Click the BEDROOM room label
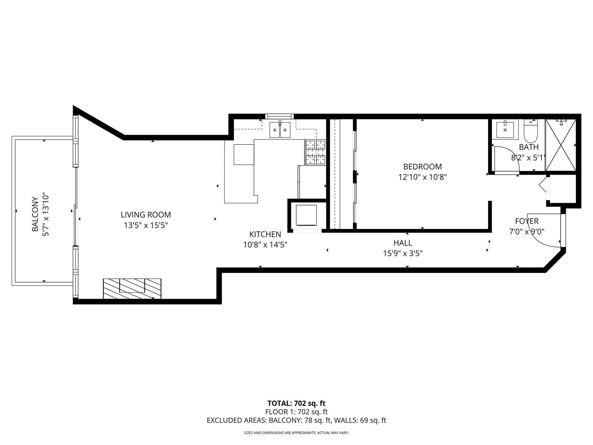coord(422,167)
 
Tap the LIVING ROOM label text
coord(146,215)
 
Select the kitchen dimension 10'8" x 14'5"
coord(265,245)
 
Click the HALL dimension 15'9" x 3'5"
coord(402,253)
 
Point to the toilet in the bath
coord(530,132)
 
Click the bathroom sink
coord(505,130)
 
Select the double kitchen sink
coord(280,130)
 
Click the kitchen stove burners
coord(315,152)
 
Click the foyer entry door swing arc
coord(544,232)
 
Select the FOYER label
coord(527,221)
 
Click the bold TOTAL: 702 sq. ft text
coord(296,403)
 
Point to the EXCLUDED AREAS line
coord(296,420)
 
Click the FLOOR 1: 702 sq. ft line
coord(296,412)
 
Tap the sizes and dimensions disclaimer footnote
coord(296,433)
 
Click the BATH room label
coord(528,147)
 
